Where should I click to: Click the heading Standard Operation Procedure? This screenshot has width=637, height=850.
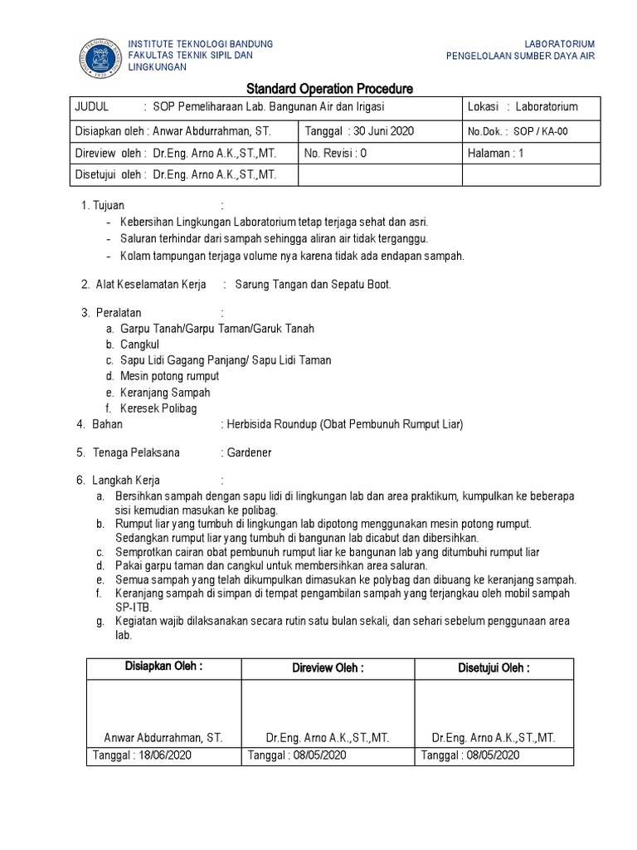(x=329, y=89)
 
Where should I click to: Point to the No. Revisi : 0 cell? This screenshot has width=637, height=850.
(x=335, y=154)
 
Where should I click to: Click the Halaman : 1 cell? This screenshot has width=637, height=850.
(x=497, y=154)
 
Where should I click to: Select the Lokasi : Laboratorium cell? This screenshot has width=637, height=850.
(x=523, y=107)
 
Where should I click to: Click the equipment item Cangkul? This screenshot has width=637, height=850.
(x=139, y=344)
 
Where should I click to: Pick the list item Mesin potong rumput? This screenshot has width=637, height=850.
(x=169, y=376)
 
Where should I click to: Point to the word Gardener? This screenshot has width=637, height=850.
(x=248, y=453)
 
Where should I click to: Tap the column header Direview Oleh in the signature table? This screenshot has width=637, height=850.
(x=328, y=668)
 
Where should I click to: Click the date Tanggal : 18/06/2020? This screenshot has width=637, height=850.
(x=140, y=755)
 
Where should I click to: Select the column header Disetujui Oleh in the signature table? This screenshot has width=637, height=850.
(x=494, y=668)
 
